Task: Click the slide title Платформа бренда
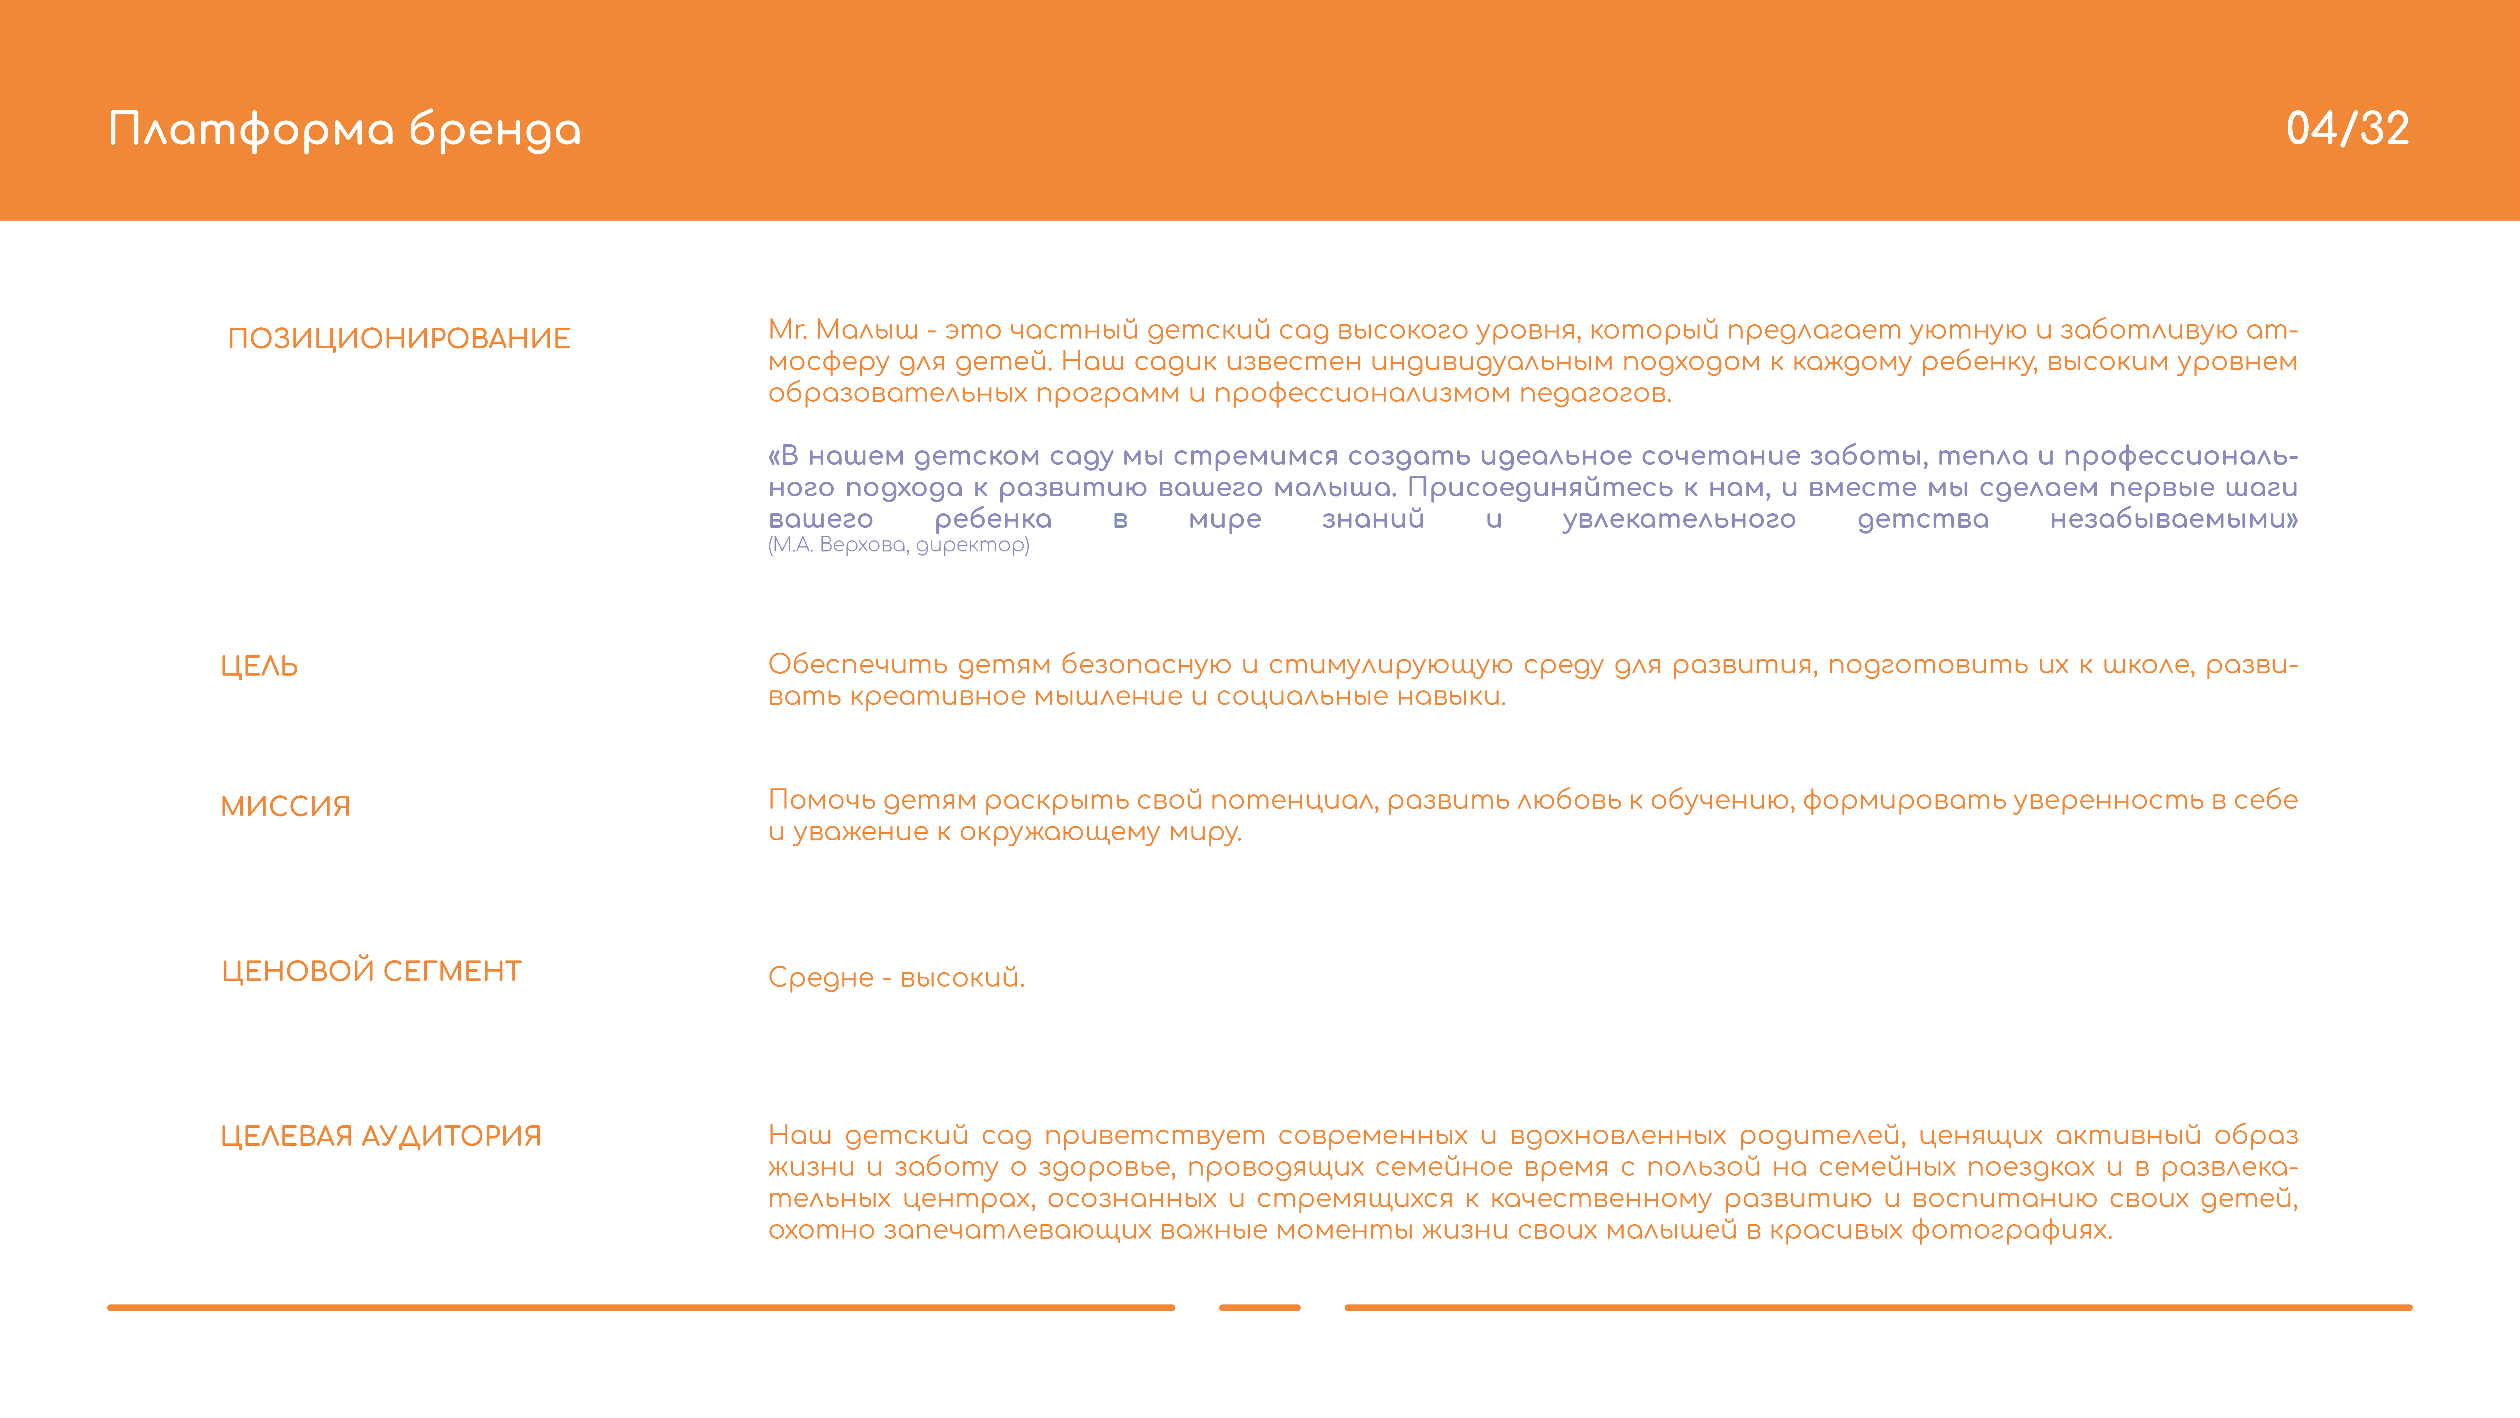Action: click(344, 130)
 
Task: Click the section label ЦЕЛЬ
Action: click(259, 666)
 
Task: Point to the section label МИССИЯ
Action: click(285, 806)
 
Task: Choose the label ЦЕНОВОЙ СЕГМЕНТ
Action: click(371, 971)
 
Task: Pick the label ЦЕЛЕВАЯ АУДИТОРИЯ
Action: click(380, 1136)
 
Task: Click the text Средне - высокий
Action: click(896, 977)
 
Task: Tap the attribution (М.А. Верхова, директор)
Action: click(898, 545)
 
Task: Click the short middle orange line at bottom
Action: click(1259, 1307)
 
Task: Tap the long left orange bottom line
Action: click(641, 1307)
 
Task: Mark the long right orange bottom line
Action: click(1877, 1307)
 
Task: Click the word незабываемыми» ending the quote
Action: click(2173, 520)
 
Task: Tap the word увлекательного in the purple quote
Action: click(1679, 520)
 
